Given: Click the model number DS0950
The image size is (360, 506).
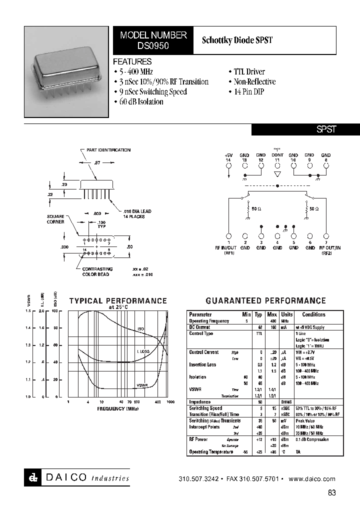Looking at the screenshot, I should (x=153, y=45).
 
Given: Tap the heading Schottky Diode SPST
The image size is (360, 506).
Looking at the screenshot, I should (x=237, y=40).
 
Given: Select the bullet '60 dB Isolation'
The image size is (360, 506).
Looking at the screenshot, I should (x=140, y=101).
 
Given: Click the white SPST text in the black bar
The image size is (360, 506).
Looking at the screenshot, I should (x=326, y=129).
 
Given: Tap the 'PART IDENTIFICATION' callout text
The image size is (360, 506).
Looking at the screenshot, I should (x=108, y=150).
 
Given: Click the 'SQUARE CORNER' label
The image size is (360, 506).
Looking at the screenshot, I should (x=55, y=219).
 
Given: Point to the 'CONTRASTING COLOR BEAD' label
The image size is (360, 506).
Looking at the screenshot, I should (x=97, y=271).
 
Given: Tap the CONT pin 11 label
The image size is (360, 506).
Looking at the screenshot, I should (x=277, y=155).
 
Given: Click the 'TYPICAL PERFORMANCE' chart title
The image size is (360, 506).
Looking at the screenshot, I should (x=118, y=300).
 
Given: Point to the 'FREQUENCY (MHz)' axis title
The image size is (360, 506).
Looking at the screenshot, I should (x=117, y=408).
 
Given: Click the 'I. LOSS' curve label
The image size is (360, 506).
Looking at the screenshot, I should (x=143, y=351).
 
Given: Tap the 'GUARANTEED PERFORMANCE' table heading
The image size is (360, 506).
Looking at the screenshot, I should (x=265, y=300).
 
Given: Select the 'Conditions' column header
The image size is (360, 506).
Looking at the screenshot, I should (x=313, y=314).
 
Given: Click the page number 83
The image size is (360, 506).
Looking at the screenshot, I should (x=332, y=492).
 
